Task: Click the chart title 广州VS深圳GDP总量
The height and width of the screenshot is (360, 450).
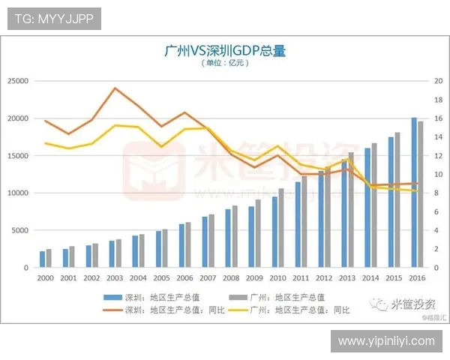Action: [x=224, y=51]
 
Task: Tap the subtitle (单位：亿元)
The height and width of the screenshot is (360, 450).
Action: [x=224, y=64]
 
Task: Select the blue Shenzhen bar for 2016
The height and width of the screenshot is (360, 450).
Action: [x=414, y=193]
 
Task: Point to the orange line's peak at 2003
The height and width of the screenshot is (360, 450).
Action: [x=115, y=88]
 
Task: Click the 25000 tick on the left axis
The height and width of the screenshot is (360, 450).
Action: [x=18, y=81]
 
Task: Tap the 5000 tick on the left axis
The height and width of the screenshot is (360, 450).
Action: [x=20, y=230]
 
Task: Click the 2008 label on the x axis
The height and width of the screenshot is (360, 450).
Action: [x=232, y=277]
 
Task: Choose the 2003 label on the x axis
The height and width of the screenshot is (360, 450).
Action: [x=115, y=277]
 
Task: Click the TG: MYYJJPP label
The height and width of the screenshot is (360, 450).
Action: [x=53, y=19]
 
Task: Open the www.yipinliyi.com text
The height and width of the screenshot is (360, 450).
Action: [x=386, y=341]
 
